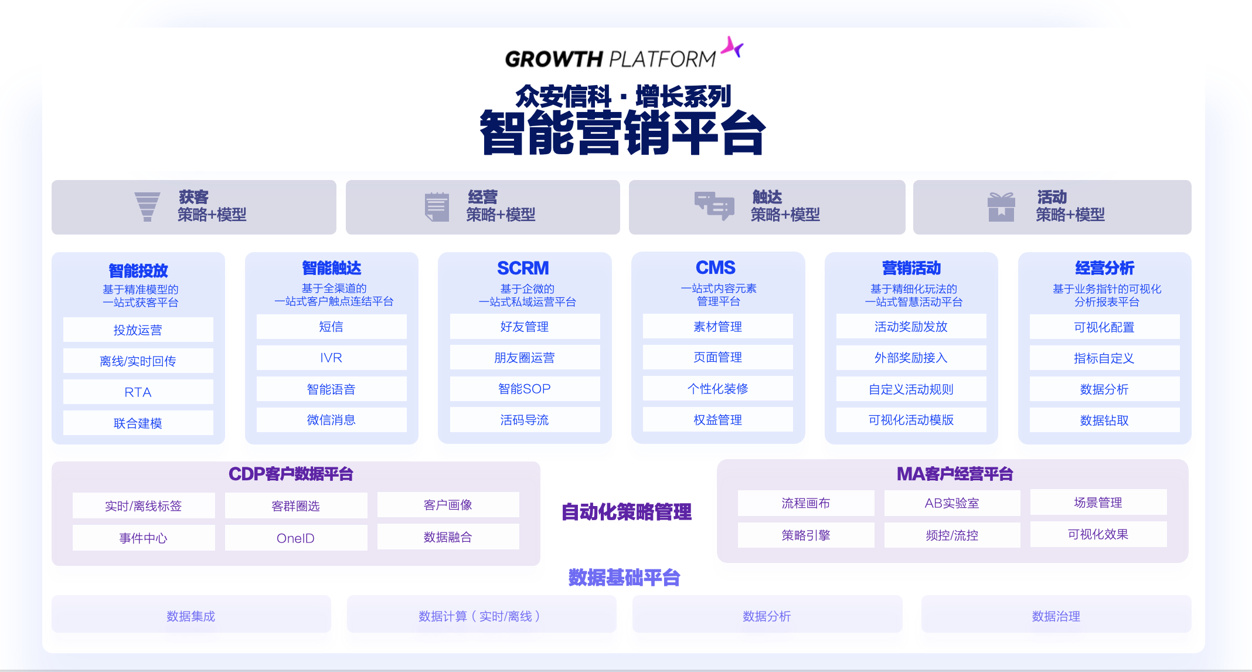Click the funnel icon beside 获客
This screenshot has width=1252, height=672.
click(x=147, y=206)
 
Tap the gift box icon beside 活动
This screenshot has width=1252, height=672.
click(x=1001, y=207)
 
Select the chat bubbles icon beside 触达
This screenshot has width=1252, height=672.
click(x=714, y=206)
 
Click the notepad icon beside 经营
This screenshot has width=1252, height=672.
click(x=437, y=207)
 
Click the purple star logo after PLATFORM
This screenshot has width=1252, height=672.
click(x=732, y=47)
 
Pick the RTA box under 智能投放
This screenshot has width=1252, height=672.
click(x=138, y=392)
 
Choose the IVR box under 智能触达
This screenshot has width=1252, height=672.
click(x=331, y=358)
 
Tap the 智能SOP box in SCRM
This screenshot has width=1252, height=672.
click(x=525, y=389)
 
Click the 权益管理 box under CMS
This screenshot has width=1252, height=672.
click(x=717, y=420)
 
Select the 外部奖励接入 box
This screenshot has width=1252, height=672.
click(x=911, y=358)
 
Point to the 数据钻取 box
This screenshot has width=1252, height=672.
click(x=1104, y=420)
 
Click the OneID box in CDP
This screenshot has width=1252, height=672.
click(x=295, y=538)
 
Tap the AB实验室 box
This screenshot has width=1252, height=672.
click(x=952, y=503)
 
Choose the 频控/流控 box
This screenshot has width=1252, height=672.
click(x=952, y=535)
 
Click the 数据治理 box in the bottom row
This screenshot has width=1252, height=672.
click(x=1056, y=616)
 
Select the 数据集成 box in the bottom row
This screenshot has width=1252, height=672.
click(x=191, y=616)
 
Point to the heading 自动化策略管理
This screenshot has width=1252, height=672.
click(x=627, y=512)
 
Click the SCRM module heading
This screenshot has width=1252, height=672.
click(x=523, y=268)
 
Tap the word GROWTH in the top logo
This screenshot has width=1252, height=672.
click(x=553, y=59)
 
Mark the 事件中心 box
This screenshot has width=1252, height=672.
click(x=143, y=538)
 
